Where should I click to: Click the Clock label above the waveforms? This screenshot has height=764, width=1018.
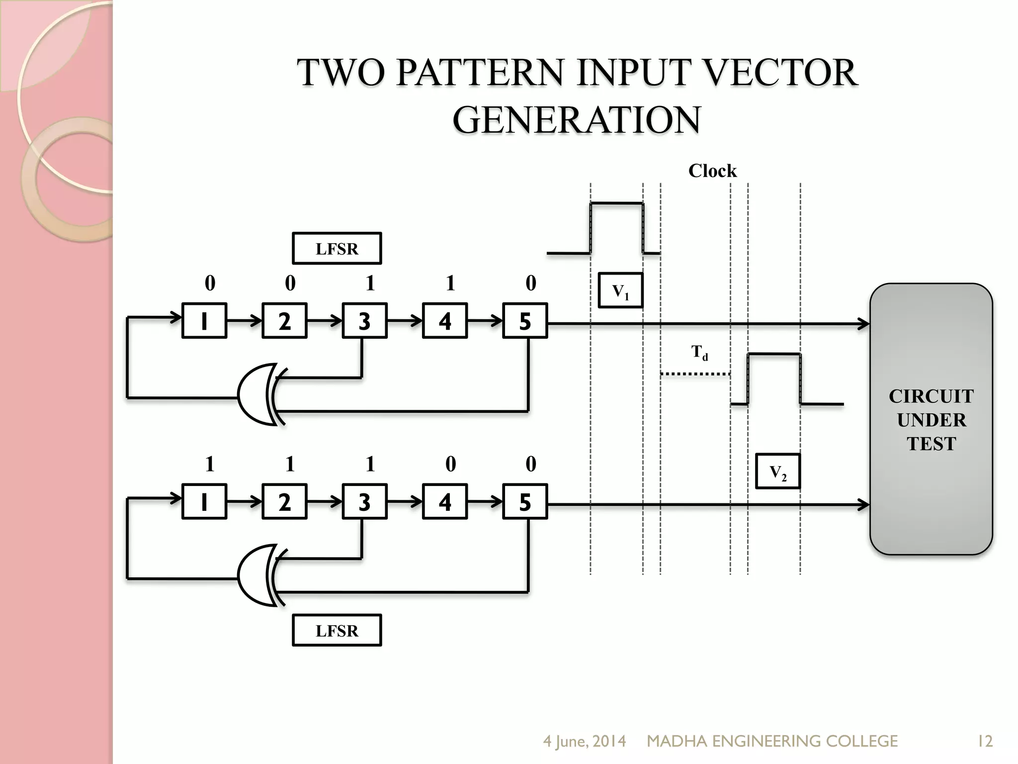click(x=712, y=171)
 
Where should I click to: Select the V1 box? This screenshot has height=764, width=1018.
click(x=620, y=290)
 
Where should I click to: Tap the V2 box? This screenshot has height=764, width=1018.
click(x=777, y=472)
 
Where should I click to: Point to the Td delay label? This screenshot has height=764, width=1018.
click(x=699, y=352)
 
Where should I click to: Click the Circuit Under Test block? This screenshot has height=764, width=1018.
click(x=931, y=419)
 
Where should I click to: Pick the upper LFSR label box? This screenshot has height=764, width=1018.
click(x=337, y=248)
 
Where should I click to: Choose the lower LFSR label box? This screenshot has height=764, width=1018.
click(x=337, y=631)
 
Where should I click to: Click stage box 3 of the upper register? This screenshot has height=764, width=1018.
click(x=364, y=321)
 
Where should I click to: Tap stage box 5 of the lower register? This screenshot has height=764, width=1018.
click(x=525, y=502)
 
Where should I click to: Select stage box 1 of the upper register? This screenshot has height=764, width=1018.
click(x=204, y=321)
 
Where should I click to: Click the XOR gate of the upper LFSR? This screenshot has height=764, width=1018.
click(x=258, y=394)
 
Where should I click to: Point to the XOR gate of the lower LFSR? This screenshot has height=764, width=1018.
click(x=258, y=575)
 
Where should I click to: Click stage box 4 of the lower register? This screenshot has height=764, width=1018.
click(x=444, y=502)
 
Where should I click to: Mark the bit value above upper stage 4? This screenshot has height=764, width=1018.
click(x=450, y=283)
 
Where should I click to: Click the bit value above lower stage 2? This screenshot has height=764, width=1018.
click(x=290, y=464)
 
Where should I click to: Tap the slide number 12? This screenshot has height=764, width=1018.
click(x=984, y=742)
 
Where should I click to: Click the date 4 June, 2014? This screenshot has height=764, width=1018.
click(x=584, y=742)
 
